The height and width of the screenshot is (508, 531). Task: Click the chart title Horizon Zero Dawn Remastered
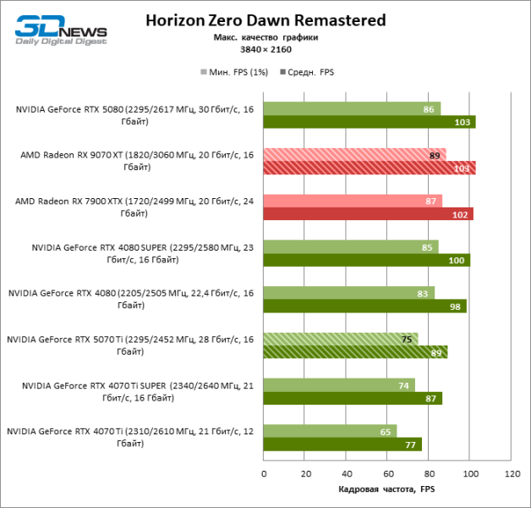265,19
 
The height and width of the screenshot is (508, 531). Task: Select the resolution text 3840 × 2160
265,50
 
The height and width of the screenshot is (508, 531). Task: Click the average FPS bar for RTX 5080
370,122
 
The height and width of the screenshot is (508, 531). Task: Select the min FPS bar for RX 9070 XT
354,155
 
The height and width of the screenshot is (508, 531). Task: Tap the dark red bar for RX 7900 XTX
368,214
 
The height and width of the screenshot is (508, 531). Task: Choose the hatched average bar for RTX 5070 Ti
355,352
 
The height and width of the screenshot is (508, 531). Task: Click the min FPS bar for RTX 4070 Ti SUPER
339,384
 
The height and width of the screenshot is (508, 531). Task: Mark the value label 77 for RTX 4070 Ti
410,444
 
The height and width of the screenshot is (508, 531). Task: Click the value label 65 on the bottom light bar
386,431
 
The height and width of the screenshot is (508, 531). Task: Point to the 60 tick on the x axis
388,474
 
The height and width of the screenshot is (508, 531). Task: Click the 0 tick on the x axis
264,474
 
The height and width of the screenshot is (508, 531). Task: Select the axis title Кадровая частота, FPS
386,489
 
